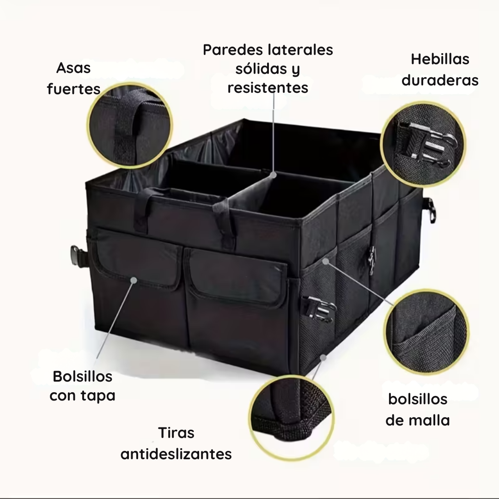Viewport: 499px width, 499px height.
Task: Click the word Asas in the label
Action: click(73, 68)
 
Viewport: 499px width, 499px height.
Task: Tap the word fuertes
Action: click(73, 89)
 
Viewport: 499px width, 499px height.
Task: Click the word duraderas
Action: click(439, 80)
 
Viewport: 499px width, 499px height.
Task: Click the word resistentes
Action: click(268, 87)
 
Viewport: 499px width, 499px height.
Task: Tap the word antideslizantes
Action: click(176, 454)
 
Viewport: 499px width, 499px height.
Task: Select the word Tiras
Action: click(176, 433)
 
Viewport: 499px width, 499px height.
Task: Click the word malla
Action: click(429, 420)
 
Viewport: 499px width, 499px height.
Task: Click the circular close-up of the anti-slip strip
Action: click(293, 419)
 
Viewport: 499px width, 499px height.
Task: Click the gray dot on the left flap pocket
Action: click(134, 280)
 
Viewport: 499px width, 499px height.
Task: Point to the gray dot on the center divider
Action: click(274, 175)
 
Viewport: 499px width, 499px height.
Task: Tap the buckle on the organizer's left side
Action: click(76, 255)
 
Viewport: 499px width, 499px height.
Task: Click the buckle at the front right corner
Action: click(319, 307)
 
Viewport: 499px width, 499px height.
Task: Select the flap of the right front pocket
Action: click(237, 278)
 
